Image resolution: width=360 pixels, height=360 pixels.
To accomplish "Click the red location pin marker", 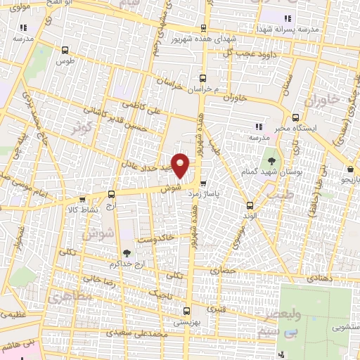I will click(181, 165).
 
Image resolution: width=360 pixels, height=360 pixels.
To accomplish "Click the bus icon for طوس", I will click(65, 50).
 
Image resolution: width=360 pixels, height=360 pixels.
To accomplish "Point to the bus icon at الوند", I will click(251, 205).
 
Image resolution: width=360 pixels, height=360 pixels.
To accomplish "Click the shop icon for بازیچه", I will click(350, 169).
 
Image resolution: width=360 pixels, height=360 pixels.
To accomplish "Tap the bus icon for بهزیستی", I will click(186, 310).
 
